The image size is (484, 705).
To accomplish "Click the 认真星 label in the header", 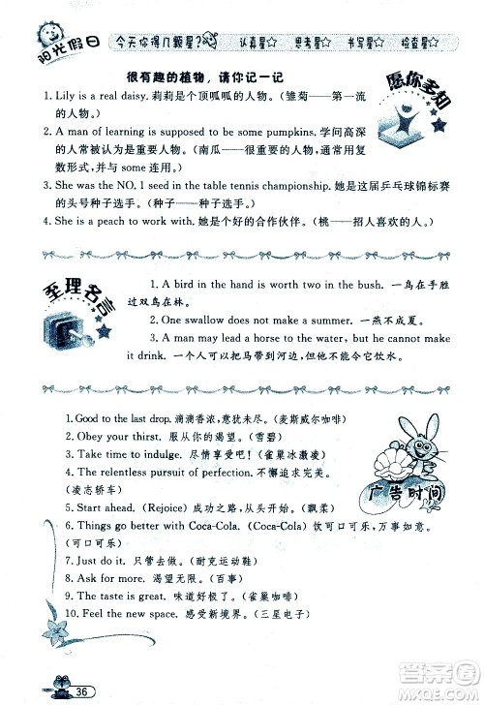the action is [257, 42].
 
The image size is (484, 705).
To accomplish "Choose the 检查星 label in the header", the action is [420, 42].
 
